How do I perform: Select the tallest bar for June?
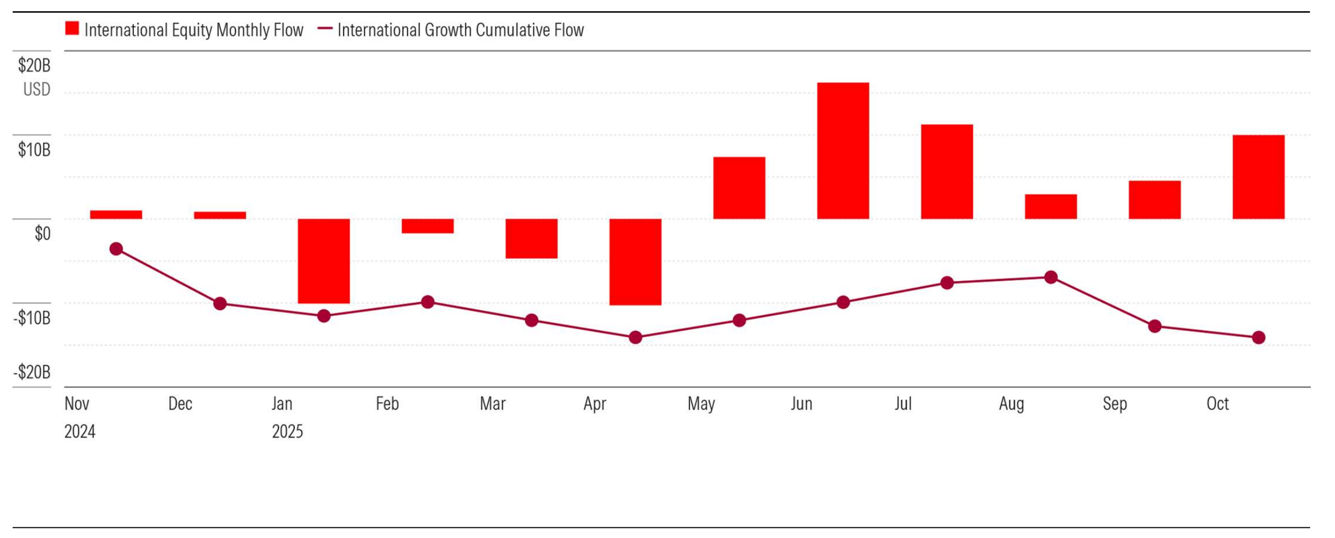pyautogui.click(x=843, y=151)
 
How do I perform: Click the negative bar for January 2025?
pyautogui.click(x=324, y=261)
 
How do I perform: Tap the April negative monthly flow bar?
pyautogui.click(x=635, y=262)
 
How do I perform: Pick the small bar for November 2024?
pyautogui.click(x=116, y=215)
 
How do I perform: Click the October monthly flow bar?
pyautogui.click(x=1259, y=177)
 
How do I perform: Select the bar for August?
pyautogui.click(x=1050, y=207)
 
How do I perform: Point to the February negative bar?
pyautogui.click(x=428, y=226)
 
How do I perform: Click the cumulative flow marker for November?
pyautogui.click(x=116, y=249)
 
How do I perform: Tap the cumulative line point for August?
pyautogui.click(x=1050, y=278)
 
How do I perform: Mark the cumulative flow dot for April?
pyautogui.click(x=635, y=338)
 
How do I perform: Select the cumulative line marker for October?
pyautogui.click(x=1259, y=338)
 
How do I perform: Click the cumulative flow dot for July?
pyautogui.click(x=947, y=283)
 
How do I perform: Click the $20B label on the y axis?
pyautogui.click(x=34, y=66)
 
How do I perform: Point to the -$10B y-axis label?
pyautogui.click(x=32, y=318)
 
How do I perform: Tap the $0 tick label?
pyautogui.click(x=42, y=233)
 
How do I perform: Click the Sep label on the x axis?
pyautogui.click(x=1114, y=403)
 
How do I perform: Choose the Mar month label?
pyautogui.click(x=492, y=403)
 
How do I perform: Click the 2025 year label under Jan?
pyautogui.click(x=287, y=431)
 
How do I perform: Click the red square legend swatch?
pyautogui.click(x=72, y=29)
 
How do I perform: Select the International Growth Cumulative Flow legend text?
pyautogui.click(x=460, y=30)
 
